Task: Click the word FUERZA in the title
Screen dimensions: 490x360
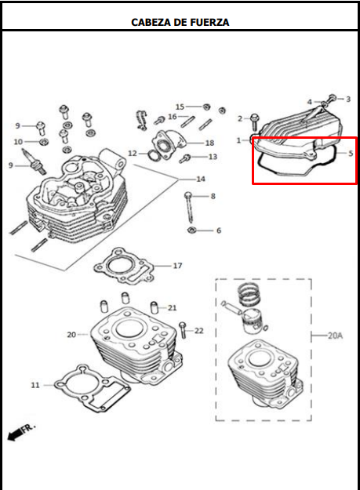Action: pos(206,22)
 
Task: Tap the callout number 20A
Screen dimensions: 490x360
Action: pos(336,335)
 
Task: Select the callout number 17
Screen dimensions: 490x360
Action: pos(177,266)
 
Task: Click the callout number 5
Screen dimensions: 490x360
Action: pos(351,153)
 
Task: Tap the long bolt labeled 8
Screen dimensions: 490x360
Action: pos(190,205)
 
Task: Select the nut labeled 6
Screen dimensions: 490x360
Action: pos(191,230)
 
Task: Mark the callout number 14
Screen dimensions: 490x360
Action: pos(201,179)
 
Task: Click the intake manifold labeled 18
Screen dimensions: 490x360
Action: pos(171,144)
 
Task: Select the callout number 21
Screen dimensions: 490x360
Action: pos(173,307)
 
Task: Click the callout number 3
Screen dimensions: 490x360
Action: pos(348,100)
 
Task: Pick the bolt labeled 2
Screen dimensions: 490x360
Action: pos(255,122)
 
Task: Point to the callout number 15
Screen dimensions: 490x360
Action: pos(180,106)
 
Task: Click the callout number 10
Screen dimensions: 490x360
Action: pos(18,142)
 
